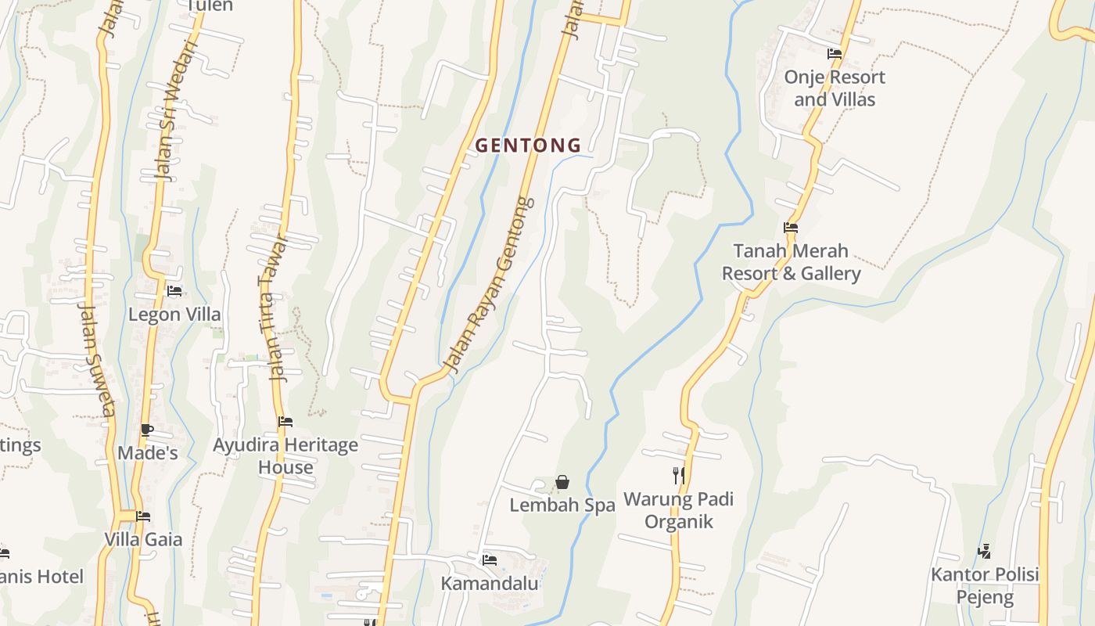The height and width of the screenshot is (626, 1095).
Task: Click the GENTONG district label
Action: (528, 146)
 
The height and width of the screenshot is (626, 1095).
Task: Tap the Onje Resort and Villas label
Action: (835, 88)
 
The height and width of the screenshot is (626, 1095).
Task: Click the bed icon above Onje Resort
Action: (835, 54)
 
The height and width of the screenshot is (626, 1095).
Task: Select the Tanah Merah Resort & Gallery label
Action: (791, 262)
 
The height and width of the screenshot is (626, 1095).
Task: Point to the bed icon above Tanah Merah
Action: (791, 228)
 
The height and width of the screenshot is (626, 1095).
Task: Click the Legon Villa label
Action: (174, 315)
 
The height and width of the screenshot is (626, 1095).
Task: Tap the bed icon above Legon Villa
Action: (174, 291)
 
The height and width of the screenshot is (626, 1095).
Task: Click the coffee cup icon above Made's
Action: (146, 430)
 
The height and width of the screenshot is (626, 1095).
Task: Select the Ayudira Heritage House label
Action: (285, 456)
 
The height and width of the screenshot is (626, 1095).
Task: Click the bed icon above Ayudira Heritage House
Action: (285, 422)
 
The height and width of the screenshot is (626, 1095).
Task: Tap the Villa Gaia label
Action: (143, 539)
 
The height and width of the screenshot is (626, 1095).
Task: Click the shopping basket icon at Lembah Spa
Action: (562, 482)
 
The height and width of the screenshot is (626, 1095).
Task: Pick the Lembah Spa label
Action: (562, 505)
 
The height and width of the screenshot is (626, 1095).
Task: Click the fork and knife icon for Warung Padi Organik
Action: (679, 475)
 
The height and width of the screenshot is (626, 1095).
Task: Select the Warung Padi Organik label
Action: (678, 510)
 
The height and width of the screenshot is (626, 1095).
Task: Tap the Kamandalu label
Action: (490, 584)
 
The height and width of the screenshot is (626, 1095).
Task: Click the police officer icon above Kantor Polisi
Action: (985, 552)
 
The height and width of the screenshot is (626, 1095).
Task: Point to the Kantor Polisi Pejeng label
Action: (985, 586)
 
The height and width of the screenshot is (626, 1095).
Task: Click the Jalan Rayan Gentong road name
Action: (489, 283)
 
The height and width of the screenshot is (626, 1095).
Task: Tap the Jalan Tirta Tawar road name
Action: (271, 308)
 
